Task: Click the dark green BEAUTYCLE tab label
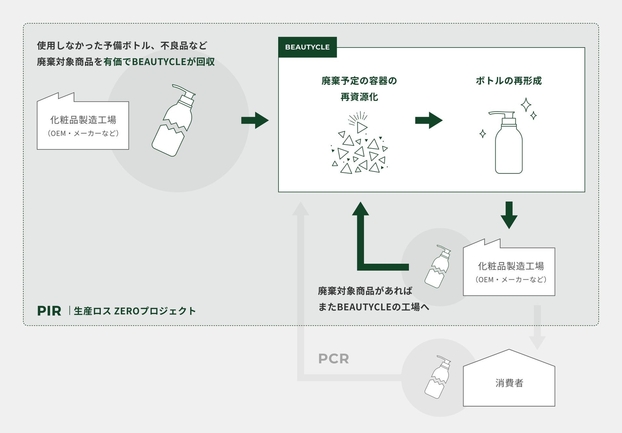(307, 47)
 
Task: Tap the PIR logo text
(49, 311)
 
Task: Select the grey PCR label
(333, 359)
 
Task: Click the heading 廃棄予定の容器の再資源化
(359, 89)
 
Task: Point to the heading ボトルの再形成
(508, 81)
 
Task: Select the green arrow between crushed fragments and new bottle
(429, 120)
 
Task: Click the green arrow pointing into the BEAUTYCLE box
(255, 120)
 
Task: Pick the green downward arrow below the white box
(509, 215)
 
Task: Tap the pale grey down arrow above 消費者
(537, 327)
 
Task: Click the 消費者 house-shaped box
(509, 382)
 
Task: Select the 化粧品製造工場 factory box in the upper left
(83, 125)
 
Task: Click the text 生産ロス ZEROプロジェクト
(135, 311)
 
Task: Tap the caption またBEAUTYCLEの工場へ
(373, 307)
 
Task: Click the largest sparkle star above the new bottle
(525, 105)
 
